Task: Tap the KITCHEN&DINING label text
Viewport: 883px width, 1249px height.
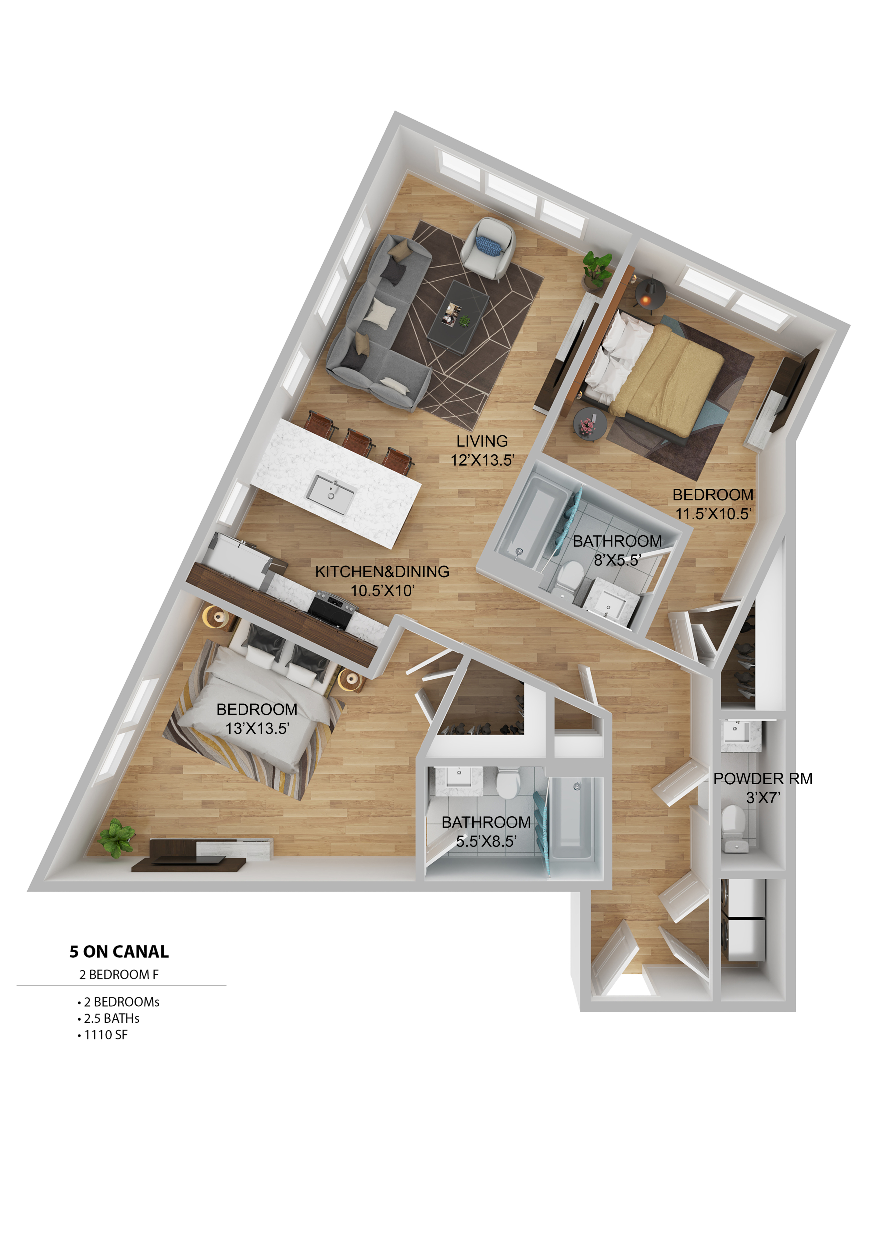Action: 382,572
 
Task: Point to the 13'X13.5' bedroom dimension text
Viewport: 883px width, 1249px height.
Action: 257,728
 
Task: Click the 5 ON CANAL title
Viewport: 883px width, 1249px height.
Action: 119,951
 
